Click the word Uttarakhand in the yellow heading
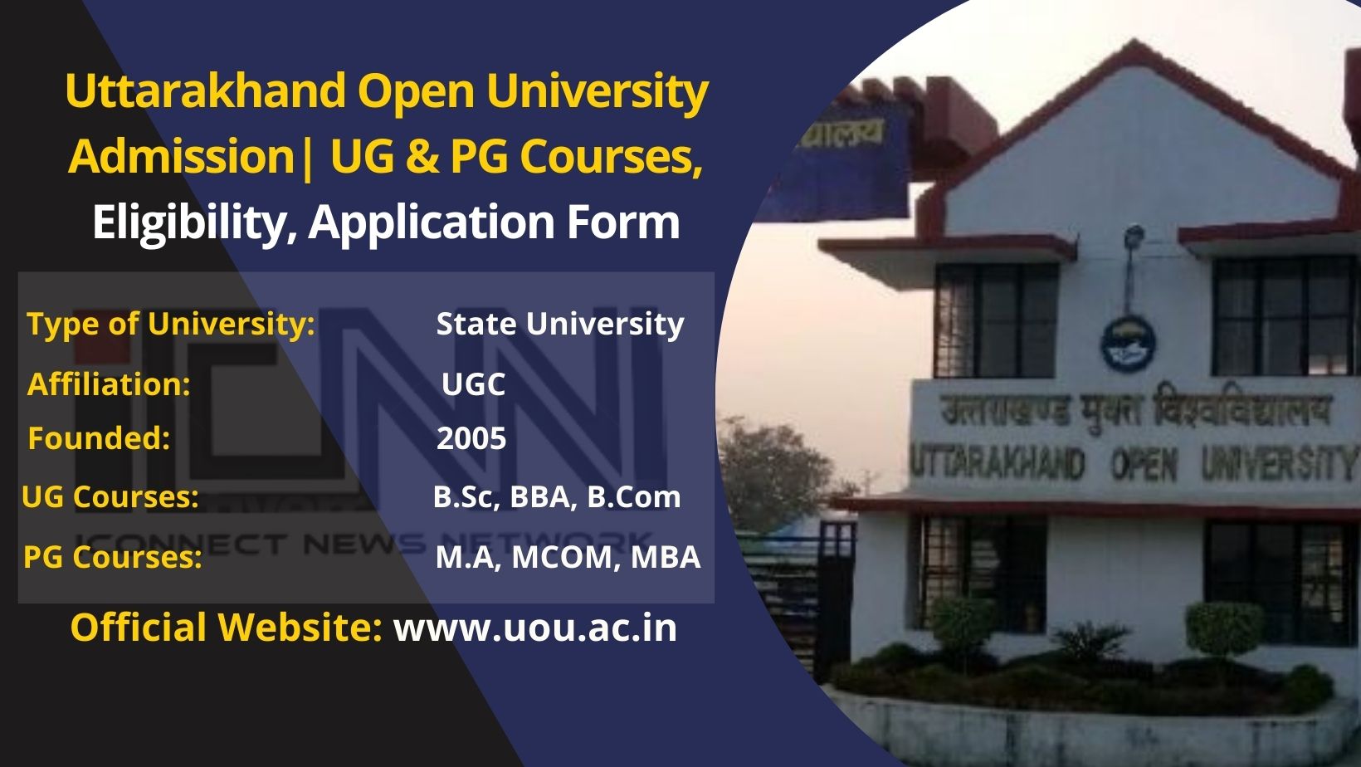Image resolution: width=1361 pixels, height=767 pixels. coord(206,90)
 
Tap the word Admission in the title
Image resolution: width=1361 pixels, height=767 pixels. coord(182,156)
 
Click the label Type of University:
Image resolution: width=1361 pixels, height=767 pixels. coord(171,324)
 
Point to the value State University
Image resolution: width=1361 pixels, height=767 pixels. coord(560,324)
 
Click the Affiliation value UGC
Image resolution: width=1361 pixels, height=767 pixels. coord(473,384)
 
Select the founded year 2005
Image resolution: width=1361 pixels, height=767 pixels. coord(471,438)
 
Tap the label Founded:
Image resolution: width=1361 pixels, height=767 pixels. coord(99,438)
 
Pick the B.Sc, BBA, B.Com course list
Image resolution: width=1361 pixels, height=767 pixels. coord(557,497)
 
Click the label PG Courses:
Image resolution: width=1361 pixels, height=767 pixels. coord(112,557)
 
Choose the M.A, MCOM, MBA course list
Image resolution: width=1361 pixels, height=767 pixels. coord(568,557)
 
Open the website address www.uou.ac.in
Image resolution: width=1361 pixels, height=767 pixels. coord(535,628)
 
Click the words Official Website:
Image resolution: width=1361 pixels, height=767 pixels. coord(226,628)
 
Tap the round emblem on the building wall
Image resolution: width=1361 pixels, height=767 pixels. coord(1129,344)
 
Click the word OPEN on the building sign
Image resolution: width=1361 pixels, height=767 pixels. coord(1144,464)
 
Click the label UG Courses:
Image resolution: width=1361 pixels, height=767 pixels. coord(110,497)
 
